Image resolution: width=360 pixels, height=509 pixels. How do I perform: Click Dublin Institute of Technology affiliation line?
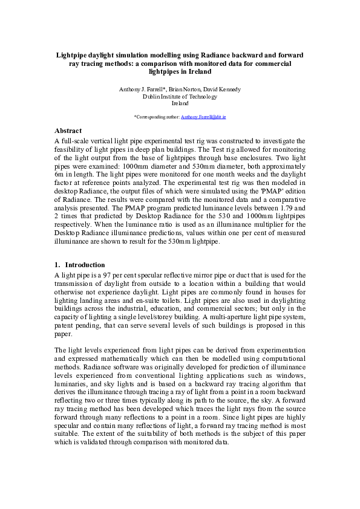click(180, 96)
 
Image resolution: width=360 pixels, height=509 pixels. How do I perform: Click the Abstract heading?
click(68, 130)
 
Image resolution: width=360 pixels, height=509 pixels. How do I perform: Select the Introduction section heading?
click(85, 265)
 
